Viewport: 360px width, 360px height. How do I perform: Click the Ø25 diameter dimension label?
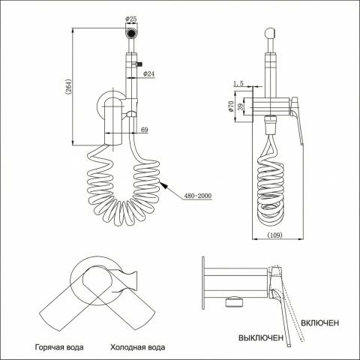tap(131, 19)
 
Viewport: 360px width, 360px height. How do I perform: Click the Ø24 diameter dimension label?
tap(148, 73)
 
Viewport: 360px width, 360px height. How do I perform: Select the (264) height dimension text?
tap(68, 87)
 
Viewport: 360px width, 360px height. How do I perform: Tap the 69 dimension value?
tap(145, 130)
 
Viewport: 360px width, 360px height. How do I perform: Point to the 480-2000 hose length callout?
tap(198, 196)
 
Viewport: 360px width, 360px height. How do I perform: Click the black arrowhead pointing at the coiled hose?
tap(163, 185)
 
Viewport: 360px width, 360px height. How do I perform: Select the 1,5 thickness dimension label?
tap(238, 83)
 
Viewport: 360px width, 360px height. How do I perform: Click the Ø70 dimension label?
tap(231, 106)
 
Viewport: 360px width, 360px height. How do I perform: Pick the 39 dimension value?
tap(241, 106)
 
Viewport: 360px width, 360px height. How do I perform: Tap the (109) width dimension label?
tap(275, 235)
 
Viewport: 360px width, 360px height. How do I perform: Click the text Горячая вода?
tap(59, 347)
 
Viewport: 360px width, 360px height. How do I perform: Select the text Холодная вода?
tap(138, 347)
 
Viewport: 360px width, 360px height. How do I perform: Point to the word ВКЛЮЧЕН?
tap(320, 322)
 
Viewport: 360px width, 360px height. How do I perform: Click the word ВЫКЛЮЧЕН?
tap(261, 337)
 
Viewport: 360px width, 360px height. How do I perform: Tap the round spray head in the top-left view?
tap(131, 33)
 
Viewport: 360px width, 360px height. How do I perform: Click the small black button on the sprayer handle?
tap(139, 64)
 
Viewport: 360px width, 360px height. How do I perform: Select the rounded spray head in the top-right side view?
tap(270, 32)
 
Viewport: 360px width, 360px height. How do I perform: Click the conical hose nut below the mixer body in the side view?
tap(270, 124)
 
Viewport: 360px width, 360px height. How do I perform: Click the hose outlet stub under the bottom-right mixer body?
tap(234, 301)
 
